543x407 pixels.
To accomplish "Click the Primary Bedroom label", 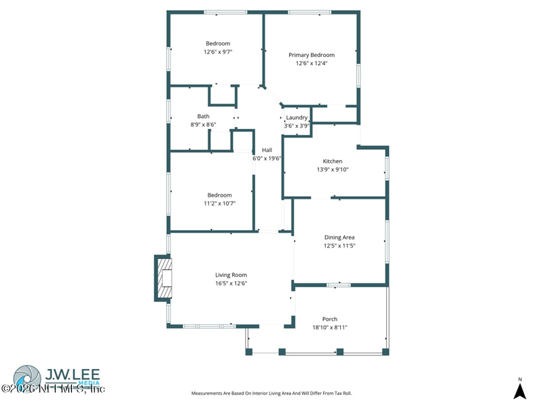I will [x=312, y=55].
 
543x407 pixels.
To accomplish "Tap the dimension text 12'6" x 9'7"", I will [x=218, y=52].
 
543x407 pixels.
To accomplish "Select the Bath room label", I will [x=203, y=116].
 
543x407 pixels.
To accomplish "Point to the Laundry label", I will [x=297, y=117].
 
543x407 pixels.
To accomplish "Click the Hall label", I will [x=267, y=150].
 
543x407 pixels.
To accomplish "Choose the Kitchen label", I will [x=333, y=161].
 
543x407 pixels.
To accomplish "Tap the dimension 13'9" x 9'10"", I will [x=333, y=170].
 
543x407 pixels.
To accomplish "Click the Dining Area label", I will [x=339, y=237].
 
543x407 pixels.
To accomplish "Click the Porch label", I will [x=330, y=319].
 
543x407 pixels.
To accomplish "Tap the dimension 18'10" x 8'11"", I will [x=330, y=328].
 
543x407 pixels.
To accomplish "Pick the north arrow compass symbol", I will [x=520, y=389].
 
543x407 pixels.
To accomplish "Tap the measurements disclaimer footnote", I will [x=271, y=393].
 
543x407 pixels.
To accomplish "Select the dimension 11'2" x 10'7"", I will [x=219, y=203].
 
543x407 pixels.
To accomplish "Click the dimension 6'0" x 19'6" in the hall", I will [x=267, y=158].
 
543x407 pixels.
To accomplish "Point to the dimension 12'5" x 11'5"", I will [x=339, y=246].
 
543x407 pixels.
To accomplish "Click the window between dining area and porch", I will [x=339, y=285].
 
